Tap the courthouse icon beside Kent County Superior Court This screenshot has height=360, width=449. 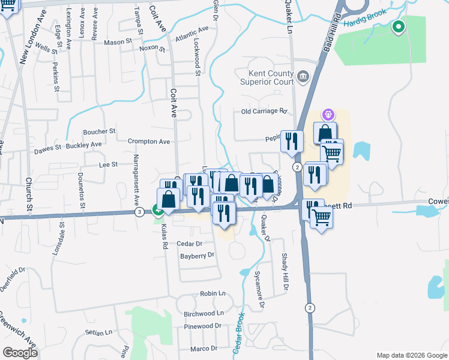303,76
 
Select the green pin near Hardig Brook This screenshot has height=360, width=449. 398,27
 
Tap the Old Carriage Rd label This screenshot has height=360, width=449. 264,111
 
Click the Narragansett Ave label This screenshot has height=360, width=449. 136,181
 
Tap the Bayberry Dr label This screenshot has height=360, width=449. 197,256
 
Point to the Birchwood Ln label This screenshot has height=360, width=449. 203,313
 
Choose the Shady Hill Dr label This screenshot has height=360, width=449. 285,271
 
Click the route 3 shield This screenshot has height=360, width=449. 139,212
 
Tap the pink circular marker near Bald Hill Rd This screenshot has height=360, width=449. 328,113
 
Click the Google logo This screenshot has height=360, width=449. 20,353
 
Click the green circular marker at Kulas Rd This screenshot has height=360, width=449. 158,210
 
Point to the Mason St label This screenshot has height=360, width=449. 118,42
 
